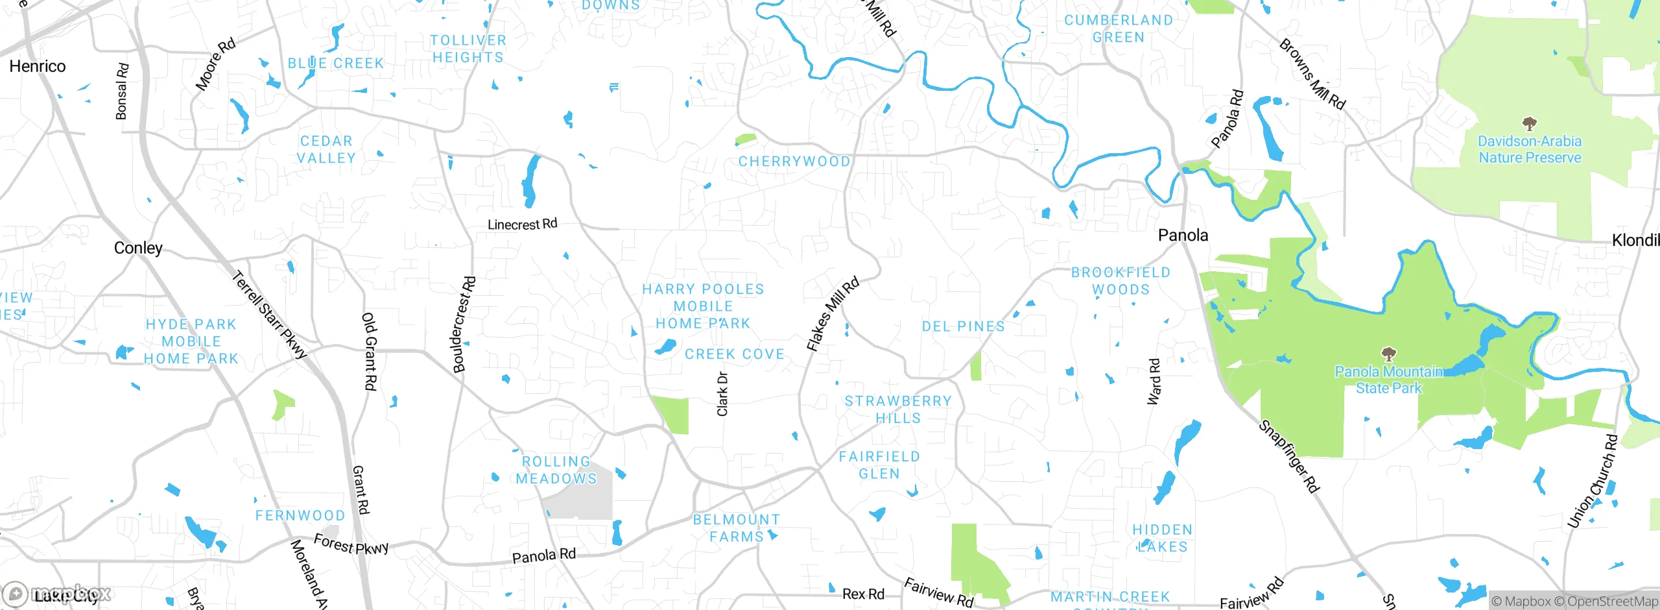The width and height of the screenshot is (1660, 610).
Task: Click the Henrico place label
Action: [37, 66]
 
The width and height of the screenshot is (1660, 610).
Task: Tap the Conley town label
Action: [138, 248]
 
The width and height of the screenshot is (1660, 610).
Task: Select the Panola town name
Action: [1183, 235]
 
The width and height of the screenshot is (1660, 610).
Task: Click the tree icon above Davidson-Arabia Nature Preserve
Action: [1529, 123]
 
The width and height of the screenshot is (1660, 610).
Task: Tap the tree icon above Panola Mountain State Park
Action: [1388, 354]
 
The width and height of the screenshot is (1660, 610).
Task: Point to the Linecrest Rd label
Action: [522, 225]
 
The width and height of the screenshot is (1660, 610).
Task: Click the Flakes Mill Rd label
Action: [833, 314]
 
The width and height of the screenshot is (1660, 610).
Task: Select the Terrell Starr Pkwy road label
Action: [269, 315]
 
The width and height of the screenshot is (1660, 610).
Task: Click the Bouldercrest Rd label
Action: [464, 324]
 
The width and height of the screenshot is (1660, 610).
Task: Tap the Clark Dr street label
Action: [722, 394]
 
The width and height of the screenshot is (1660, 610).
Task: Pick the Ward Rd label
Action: [1154, 382]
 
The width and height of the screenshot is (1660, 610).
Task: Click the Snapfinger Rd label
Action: [1289, 456]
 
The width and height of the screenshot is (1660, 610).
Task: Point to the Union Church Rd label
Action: [1593, 481]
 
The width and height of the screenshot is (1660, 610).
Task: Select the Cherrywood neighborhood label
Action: [794, 162]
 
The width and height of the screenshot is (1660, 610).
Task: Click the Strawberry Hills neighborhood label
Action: [898, 409]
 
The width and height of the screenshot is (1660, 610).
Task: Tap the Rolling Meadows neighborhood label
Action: [556, 470]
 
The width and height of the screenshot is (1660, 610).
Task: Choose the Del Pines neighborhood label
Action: [963, 326]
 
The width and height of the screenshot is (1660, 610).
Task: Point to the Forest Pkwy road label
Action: [351, 544]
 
